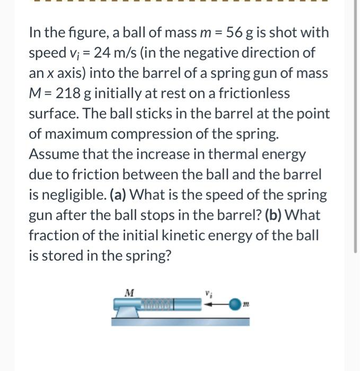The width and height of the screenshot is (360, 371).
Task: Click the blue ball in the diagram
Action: [x=235, y=304]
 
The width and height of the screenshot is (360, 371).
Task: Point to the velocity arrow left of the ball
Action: [x=218, y=304]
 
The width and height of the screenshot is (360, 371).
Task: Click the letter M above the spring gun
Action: [x=128, y=291]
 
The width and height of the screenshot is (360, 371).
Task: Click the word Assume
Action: [x=53, y=154]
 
